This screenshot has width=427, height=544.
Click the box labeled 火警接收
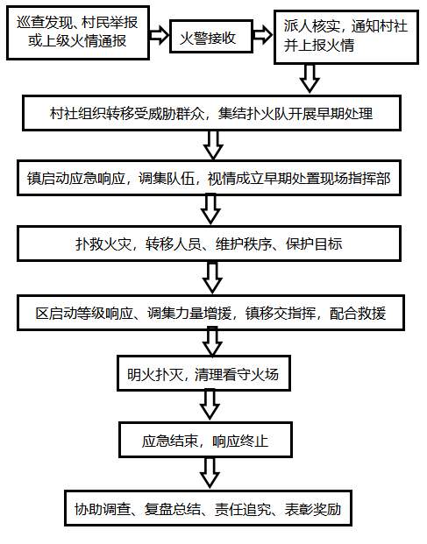(x=209, y=37)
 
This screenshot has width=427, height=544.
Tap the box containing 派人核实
(x=345, y=37)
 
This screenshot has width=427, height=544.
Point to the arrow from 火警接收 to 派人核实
(x=260, y=36)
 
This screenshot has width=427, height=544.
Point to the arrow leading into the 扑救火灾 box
(x=210, y=210)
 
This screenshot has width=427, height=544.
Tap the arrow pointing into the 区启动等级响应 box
(x=211, y=278)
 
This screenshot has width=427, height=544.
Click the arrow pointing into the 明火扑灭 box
(x=211, y=343)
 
